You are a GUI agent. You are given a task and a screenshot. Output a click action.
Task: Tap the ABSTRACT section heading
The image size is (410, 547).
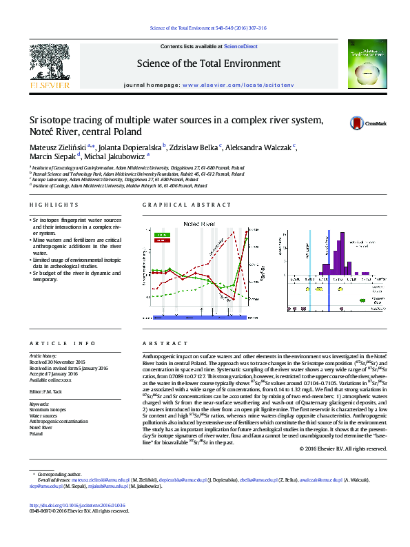point(158,343)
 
